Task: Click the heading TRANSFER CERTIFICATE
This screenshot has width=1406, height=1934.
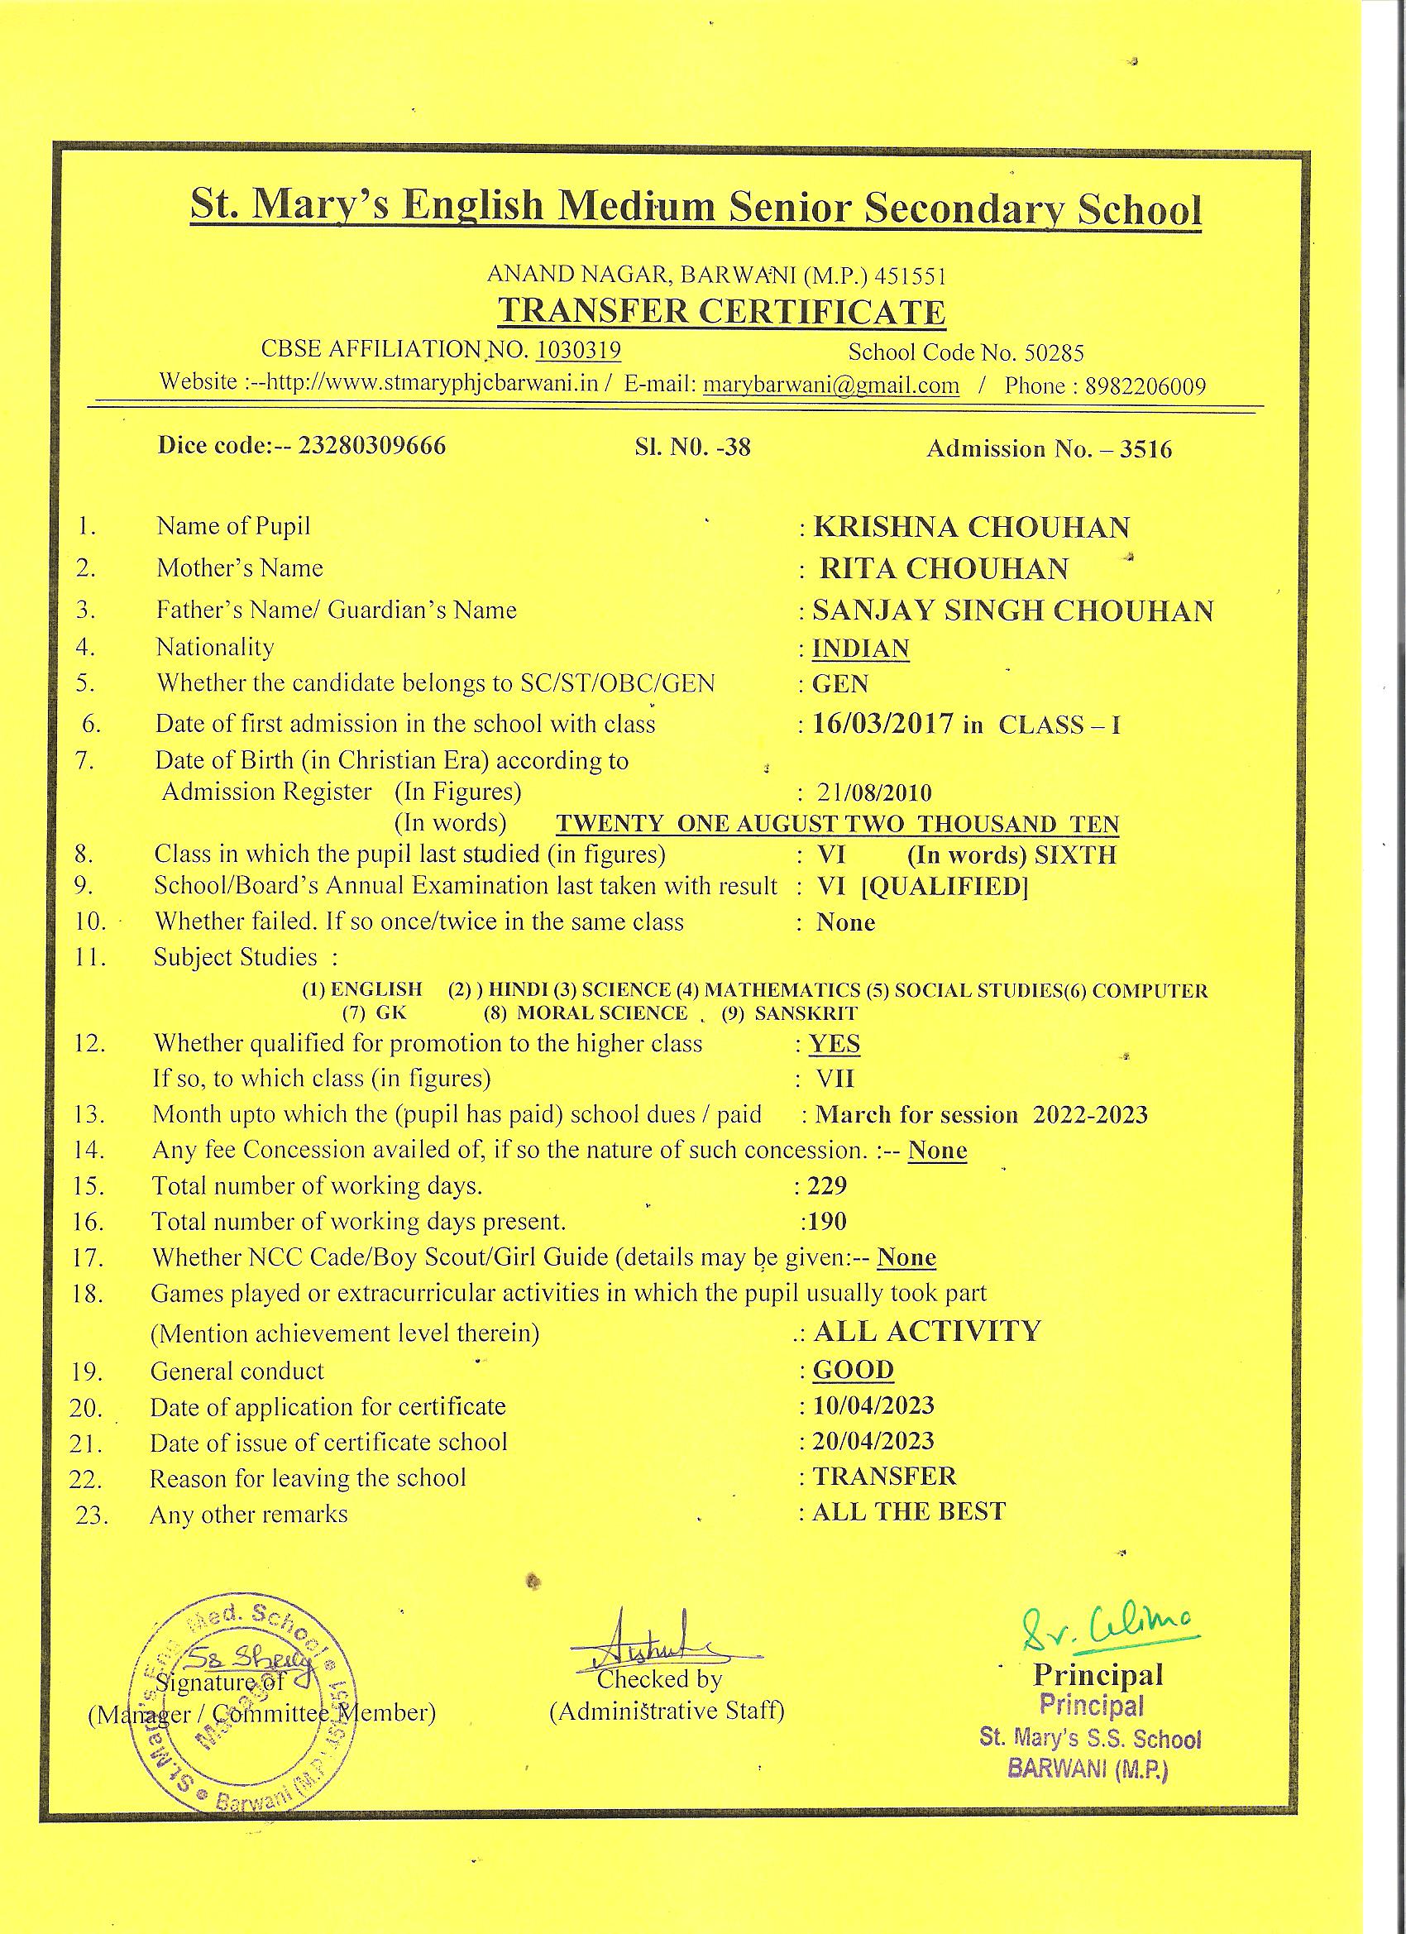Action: click(721, 312)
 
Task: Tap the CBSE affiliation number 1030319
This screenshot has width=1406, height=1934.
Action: click(578, 350)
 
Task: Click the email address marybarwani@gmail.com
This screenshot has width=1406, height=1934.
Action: click(830, 385)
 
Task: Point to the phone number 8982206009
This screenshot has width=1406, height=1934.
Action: click(1145, 386)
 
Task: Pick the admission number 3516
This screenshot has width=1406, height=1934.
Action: click(1145, 449)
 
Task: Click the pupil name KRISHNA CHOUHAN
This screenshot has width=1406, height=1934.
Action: click(971, 528)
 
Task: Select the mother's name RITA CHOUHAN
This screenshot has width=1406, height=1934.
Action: click(944, 569)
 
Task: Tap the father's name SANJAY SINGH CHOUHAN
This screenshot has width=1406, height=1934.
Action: click(1013, 610)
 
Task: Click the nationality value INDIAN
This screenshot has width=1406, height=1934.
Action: click(860, 649)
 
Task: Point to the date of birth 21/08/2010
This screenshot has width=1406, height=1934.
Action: click(874, 793)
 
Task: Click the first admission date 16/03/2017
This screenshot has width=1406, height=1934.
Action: click(882, 724)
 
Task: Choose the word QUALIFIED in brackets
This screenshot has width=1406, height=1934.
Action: click(945, 888)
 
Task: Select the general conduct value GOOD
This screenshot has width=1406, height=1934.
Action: click(853, 1371)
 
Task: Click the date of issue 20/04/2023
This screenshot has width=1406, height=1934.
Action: click(873, 1441)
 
